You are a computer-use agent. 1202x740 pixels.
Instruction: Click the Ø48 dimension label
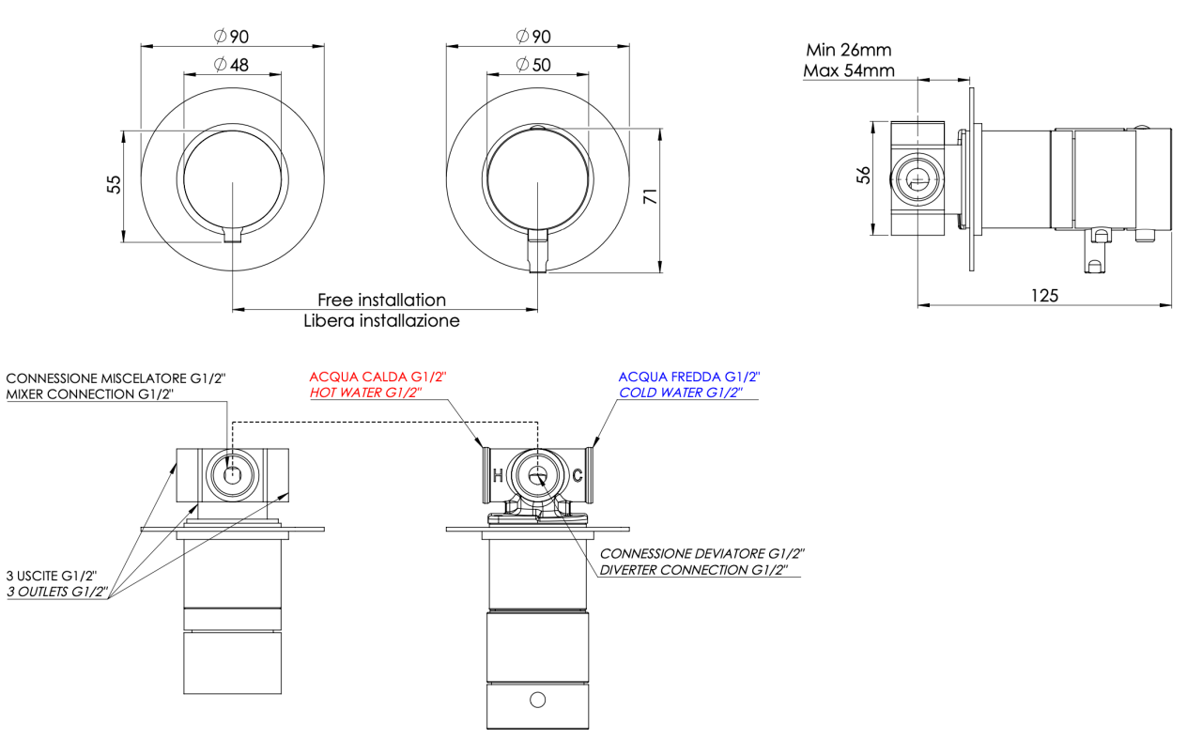231,65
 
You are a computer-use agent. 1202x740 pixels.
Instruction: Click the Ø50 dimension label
535,65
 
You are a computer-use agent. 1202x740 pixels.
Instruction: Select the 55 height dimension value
114,184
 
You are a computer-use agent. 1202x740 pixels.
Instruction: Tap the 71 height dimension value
648,196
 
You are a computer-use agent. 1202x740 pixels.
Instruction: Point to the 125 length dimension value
1044,295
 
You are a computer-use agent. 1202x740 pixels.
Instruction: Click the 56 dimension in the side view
864,175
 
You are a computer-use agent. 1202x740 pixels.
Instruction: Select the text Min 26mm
848,50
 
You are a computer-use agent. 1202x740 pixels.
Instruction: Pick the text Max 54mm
848,70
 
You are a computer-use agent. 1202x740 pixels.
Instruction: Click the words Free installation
381,301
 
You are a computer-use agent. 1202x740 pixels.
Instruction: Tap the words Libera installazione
381,320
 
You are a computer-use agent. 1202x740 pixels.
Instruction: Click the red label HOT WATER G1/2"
364,393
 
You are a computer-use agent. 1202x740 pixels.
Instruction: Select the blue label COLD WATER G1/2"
678,393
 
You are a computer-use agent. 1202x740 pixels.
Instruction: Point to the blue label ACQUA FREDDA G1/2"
688,376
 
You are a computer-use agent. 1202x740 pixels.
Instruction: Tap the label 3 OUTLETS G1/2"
57,592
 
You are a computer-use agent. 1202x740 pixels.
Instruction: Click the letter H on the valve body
498,474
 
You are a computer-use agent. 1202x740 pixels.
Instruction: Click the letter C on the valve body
578,474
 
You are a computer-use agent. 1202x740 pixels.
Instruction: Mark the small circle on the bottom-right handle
537,699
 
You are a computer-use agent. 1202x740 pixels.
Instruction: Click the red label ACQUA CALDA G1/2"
378,376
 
